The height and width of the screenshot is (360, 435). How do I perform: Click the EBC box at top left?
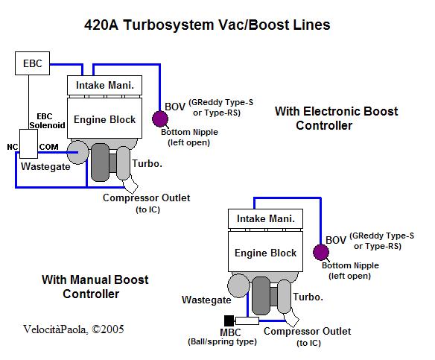(32, 63)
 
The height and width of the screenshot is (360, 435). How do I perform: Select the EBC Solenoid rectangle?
(28, 144)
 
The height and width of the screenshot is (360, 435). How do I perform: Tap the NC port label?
(13, 147)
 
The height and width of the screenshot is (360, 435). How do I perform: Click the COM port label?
(49, 147)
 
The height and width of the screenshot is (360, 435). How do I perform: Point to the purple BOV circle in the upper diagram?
(160, 119)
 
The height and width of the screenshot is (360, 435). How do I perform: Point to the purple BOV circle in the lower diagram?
(321, 253)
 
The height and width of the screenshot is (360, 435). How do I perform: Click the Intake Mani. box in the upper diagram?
(104, 85)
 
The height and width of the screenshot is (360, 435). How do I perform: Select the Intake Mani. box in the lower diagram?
(265, 218)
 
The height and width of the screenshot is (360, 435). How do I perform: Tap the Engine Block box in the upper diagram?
(104, 118)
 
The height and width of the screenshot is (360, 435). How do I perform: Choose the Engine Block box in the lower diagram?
(265, 251)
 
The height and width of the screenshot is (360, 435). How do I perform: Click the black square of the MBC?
(229, 320)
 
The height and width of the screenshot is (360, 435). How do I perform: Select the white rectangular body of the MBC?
(247, 320)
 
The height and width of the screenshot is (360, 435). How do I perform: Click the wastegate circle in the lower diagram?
(238, 285)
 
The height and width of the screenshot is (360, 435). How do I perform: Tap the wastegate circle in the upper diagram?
(77, 152)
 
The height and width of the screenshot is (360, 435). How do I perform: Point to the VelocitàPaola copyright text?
(74, 329)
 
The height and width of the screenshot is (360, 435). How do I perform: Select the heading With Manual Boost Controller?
(95, 287)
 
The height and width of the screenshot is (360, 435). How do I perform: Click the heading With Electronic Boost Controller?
(336, 119)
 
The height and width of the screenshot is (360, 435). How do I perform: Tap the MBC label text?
(230, 332)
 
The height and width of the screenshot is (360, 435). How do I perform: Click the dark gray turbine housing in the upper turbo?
(100, 162)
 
